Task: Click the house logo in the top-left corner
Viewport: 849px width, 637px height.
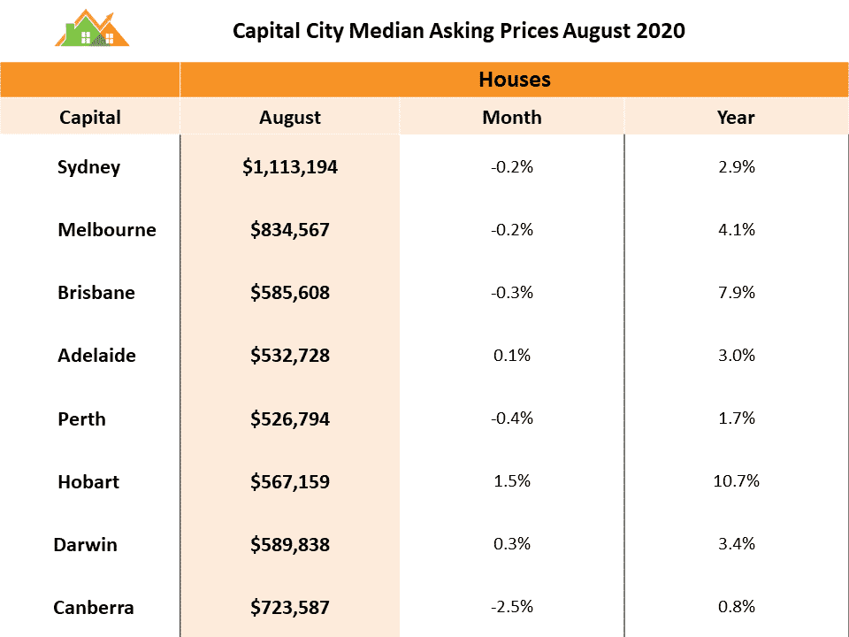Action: (91, 29)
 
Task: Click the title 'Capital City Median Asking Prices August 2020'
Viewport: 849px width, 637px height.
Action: (458, 31)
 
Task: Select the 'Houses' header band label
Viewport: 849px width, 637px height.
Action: (514, 80)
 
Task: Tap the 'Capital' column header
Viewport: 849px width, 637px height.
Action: (90, 117)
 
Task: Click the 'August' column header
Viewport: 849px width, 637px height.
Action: (290, 117)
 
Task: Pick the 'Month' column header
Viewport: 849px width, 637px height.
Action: (512, 117)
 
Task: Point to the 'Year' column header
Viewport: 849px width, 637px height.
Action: (736, 117)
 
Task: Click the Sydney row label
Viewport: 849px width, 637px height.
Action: (88, 166)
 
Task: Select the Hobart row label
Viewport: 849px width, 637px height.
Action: (88, 482)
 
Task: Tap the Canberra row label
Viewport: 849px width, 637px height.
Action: (94, 608)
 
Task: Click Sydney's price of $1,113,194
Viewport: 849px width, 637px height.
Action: (290, 166)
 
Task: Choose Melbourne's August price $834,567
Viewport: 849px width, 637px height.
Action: (290, 230)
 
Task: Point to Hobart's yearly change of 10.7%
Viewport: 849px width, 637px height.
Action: (736, 481)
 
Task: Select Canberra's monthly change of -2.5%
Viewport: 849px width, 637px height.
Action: (512, 607)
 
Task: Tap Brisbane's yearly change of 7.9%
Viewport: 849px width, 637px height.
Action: (736, 292)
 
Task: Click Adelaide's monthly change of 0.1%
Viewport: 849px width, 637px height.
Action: (512, 355)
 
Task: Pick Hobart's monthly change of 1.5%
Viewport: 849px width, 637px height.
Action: (512, 481)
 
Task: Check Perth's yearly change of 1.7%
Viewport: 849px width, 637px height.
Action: (736, 418)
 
